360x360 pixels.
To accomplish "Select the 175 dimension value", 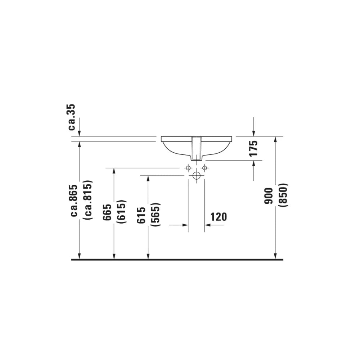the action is [254, 148].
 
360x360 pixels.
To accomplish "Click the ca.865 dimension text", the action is [75, 201].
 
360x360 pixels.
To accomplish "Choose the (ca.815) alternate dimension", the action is [89, 200].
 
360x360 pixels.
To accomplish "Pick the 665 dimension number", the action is [107, 212].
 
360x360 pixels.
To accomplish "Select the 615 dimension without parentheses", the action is [141, 215].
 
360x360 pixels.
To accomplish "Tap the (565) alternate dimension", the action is [156, 215].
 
